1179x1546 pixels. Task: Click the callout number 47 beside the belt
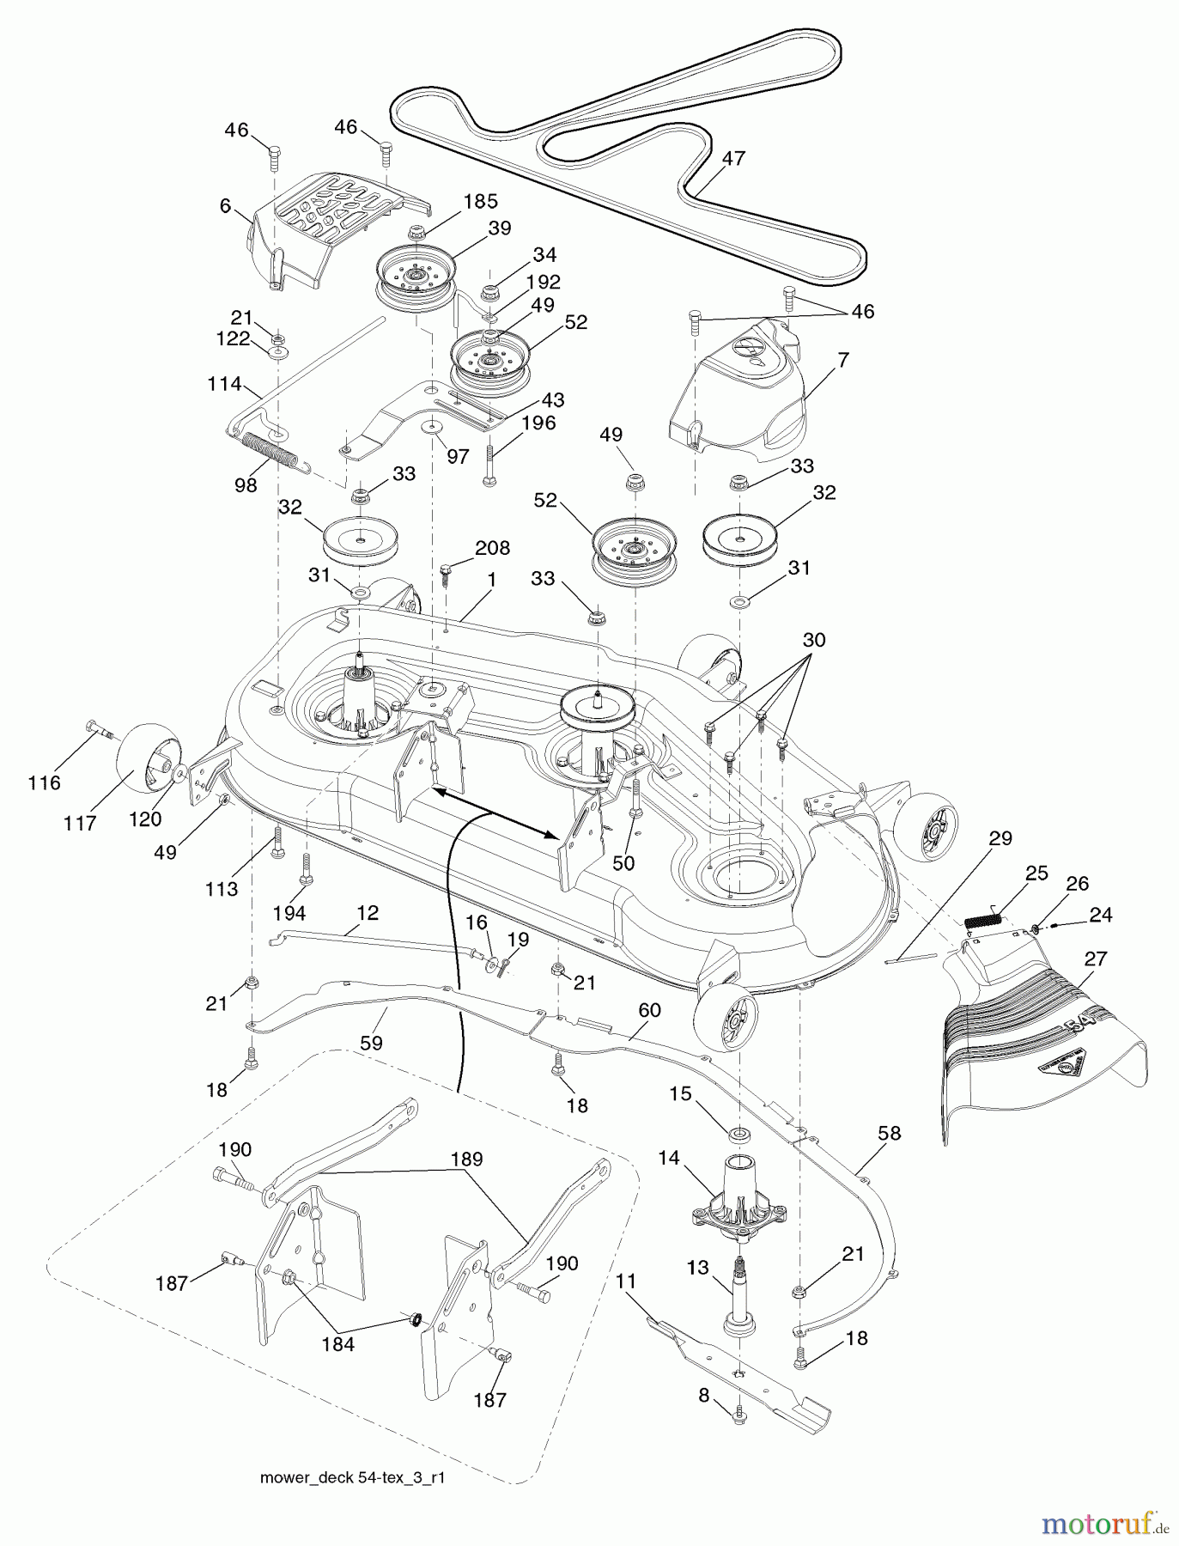coord(733,158)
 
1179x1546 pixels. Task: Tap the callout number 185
coord(481,201)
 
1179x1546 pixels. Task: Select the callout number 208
coord(492,548)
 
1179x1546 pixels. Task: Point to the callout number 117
coord(80,824)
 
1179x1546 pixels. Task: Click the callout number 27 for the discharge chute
coord(1096,959)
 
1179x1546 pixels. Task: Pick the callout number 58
coord(890,1133)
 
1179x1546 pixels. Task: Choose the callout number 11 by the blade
coord(626,1281)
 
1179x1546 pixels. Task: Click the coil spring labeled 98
coord(273,453)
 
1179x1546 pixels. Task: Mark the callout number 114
coord(224,384)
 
